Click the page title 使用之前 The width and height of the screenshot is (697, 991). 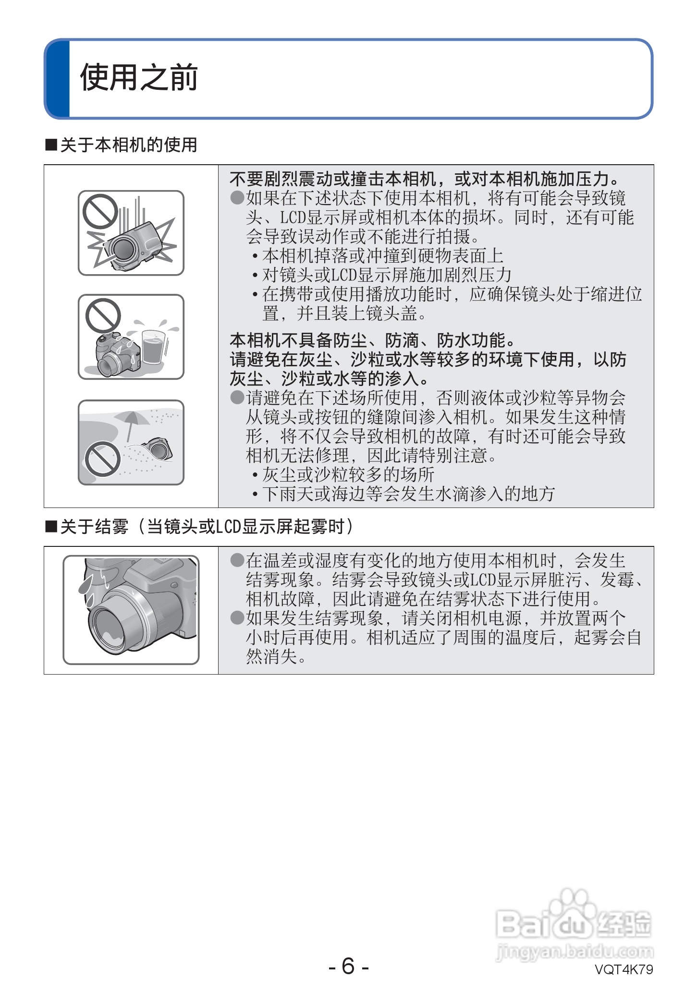[x=139, y=77]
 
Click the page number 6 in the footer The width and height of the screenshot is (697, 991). [x=348, y=966]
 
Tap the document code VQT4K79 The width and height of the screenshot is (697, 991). [x=624, y=969]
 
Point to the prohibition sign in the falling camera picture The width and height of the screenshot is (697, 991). [x=100, y=212]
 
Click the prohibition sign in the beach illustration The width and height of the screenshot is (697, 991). [x=103, y=459]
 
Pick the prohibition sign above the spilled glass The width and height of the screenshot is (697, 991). [x=103, y=315]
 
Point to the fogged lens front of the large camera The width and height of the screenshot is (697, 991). [x=111, y=630]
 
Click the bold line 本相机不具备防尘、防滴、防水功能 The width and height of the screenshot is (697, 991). [x=372, y=340]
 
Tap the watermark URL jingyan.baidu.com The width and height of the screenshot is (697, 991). [x=574, y=951]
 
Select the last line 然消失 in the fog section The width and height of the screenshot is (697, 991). [x=276, y=656]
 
